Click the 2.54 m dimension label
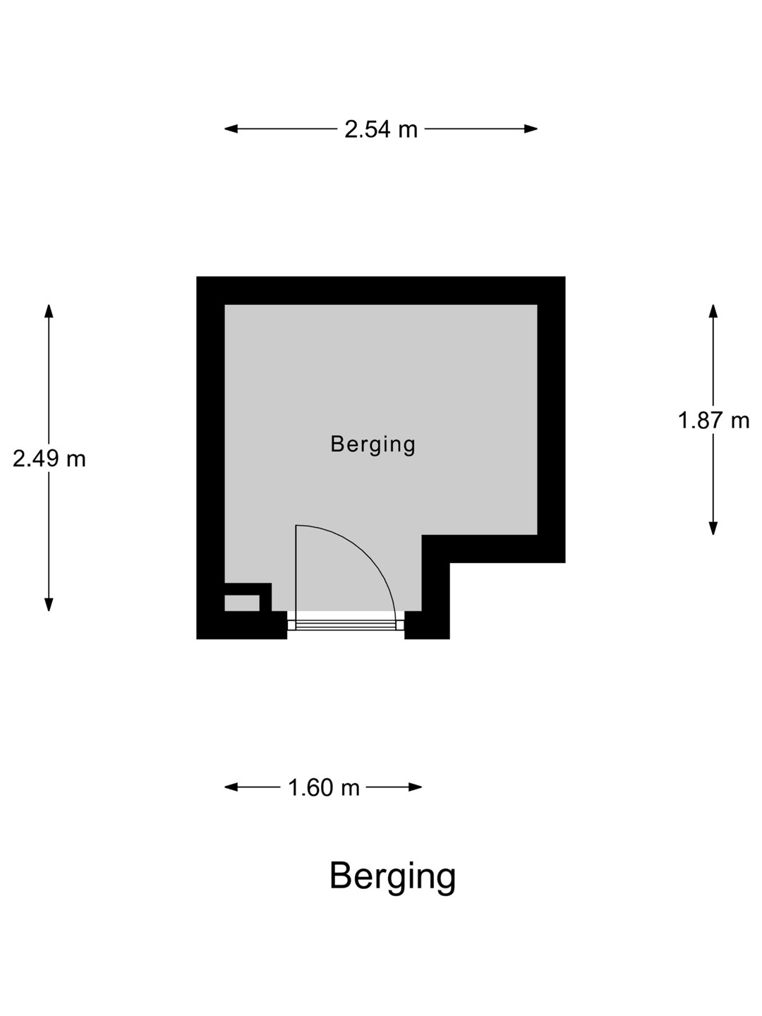[x=381, y=129]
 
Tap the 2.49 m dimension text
[x=49, y=459]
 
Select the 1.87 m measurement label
[x=713, y=421]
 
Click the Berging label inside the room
[x=373, y=445]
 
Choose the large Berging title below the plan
[x=392, y=877]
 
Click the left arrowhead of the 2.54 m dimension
[x=231, y=128]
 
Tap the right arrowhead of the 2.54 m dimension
[x=531, y=128]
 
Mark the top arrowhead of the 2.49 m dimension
[x=49, y=311]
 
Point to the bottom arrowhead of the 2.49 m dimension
[x=49, y=605]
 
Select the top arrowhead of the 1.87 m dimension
[x=713, y=311]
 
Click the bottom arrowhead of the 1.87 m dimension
[x=713, y=528]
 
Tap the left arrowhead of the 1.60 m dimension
[x=231, y=787]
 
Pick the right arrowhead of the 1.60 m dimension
[x=415, y=787]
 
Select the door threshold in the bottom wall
[x=346, y=625]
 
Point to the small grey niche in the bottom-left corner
[x=242, y=603]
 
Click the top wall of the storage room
[x=381, y=290]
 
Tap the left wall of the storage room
[x=210, y=458]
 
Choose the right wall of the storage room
[x=552, y=419]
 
